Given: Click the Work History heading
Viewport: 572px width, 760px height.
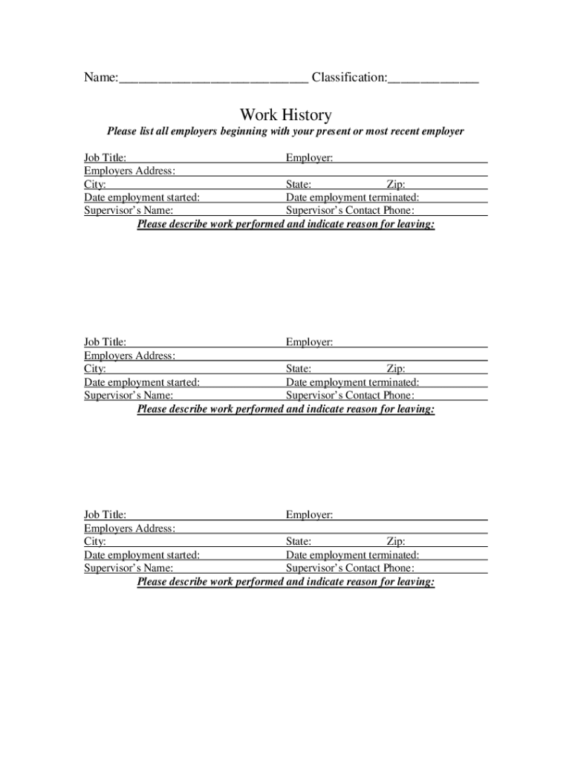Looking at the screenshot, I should [285, 115].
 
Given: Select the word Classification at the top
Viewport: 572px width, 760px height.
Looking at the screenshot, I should [348, 77].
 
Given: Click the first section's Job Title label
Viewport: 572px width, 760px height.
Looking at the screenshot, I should [105, 157].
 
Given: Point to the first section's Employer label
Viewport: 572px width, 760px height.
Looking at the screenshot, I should [309, 157].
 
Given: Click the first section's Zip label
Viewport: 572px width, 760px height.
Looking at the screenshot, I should [396, 184].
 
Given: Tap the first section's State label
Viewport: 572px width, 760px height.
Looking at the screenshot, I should [299, 184].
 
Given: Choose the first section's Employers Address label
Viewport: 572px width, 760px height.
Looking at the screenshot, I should [130, 171].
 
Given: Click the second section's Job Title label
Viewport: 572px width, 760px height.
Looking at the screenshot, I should [105, 342].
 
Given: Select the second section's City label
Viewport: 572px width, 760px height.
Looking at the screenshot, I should [95, 369].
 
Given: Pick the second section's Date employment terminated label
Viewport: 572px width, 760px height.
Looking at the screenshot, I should [353, 382].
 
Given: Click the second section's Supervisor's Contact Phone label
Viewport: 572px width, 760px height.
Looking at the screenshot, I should [350, 396].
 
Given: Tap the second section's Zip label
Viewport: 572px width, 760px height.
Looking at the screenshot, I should [396, 369].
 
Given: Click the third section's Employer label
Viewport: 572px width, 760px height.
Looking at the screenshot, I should [309, 514].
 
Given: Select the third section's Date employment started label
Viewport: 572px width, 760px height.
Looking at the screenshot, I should [142, 554].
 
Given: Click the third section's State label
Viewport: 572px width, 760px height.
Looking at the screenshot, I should [299, 541].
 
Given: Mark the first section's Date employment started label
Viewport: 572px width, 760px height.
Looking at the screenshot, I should [142, 197].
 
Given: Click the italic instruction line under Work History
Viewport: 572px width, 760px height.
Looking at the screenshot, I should [285, 131].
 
